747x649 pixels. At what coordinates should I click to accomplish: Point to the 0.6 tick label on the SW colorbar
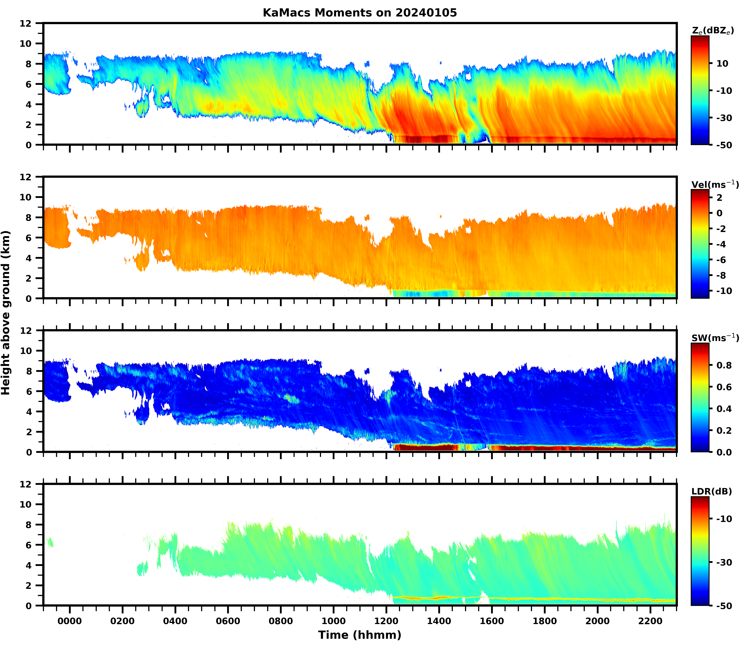tap(724, 387)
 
